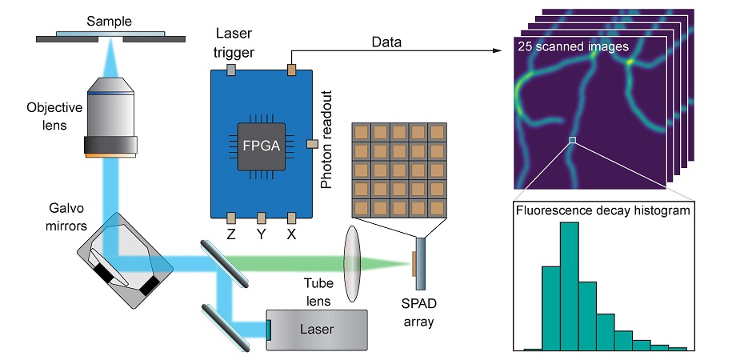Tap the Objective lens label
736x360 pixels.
(49, 114)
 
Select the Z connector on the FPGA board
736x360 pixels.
(230, 218)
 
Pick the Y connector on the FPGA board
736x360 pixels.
(261, 218)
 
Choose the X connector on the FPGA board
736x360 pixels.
(292, 218)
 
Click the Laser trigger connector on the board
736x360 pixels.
(230, 70)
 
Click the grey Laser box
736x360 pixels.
(317, 330)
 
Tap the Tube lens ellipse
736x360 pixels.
(353, 264)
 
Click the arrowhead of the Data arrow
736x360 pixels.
(507, 52)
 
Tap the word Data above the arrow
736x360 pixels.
(386, 40)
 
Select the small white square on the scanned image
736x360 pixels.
(572, 141)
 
